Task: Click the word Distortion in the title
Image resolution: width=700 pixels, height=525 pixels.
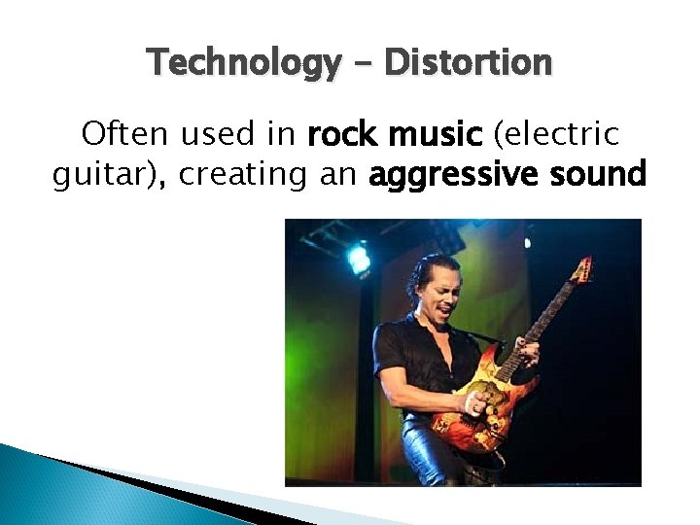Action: point(469,64)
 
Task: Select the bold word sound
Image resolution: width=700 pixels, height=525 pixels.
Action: point(594,176)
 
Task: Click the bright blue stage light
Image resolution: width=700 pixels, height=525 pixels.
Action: point(360,258)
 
